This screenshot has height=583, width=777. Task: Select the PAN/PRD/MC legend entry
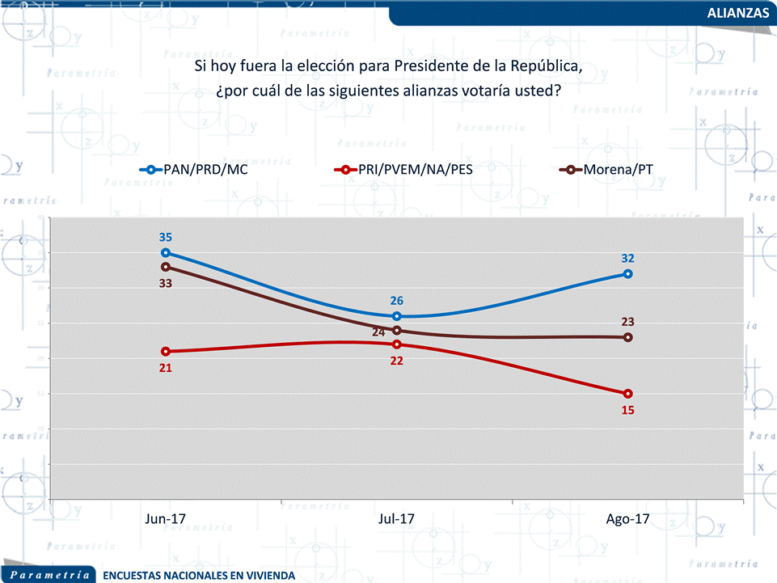click(204, 170)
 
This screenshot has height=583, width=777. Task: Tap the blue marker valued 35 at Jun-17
click(165, 253)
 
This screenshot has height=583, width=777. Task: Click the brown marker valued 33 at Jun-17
click(165, 267)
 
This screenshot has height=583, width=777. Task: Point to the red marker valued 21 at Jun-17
click(165, 352)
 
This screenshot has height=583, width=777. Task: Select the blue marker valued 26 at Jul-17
click(396, 316)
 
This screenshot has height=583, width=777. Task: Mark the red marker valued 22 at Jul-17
click(396, 344)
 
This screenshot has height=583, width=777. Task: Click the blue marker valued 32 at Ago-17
click(627, 274)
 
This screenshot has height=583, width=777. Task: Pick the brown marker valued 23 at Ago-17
click(627, 337)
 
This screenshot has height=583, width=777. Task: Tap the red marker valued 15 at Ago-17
click(627, 394)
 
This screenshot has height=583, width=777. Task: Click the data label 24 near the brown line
click(379, 332)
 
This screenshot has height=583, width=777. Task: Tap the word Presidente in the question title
click(429, 66)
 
